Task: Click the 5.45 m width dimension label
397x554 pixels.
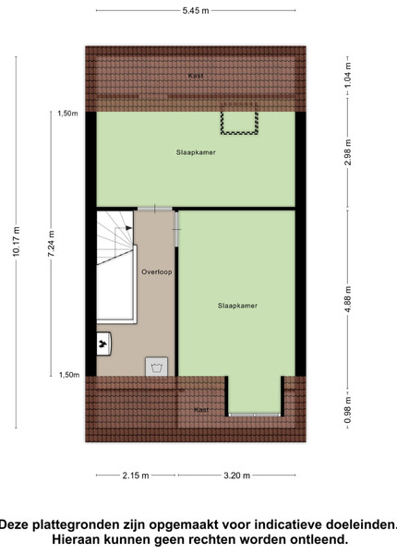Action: coord(196,10)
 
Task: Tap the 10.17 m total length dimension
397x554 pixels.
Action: coord(17,242)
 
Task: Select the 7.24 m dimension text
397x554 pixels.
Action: coord(52,244)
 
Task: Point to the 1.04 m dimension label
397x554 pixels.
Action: coord(348,76)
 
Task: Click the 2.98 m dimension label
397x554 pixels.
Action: coord(348,152)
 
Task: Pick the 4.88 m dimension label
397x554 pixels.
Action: coord(348,299)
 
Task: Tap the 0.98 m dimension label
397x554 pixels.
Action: coord(348,410)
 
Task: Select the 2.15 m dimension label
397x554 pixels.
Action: coord(136,476)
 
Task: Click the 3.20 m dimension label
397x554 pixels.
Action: coord(236,476)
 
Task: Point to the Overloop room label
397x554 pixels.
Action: coord(157,272)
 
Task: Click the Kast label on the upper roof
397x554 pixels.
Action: coord(196,76)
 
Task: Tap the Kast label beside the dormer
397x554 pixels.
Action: coord(201,410)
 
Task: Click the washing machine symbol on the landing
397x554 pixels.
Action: coord(156,367)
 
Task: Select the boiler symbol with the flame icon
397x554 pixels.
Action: coord(103,343)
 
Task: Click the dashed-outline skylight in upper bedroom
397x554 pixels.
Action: coord(239,118)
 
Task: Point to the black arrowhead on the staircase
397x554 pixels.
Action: coord(129,228)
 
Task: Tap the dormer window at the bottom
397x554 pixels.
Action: coord(254,415)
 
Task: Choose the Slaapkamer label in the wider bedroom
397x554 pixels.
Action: coord(196,152)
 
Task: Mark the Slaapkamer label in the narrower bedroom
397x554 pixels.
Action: coord(237,306)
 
